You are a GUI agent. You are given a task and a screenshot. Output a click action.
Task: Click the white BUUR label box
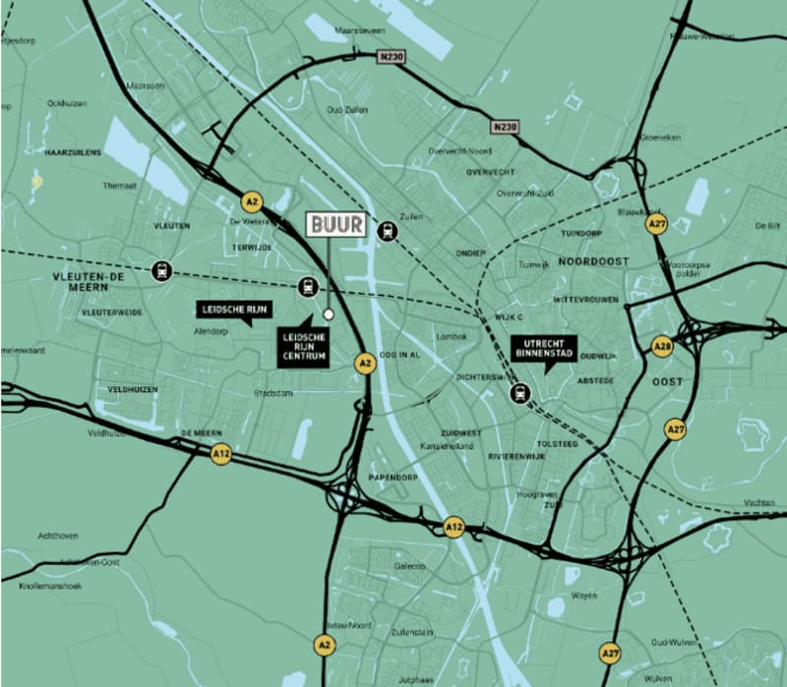[x=336, y=224]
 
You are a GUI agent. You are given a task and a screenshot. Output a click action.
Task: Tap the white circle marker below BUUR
[x=329, y=315]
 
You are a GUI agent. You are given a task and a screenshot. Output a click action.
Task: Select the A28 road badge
[x=662, y=346]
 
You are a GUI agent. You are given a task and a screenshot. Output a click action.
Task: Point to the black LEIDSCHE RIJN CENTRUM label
[x=304, y=348]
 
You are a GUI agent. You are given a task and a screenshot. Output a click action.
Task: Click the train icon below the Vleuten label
[x=159, y=269]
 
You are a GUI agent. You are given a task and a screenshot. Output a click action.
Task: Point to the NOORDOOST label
[x=592, y=262]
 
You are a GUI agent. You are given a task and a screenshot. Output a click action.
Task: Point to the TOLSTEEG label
[x=558, y=443]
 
